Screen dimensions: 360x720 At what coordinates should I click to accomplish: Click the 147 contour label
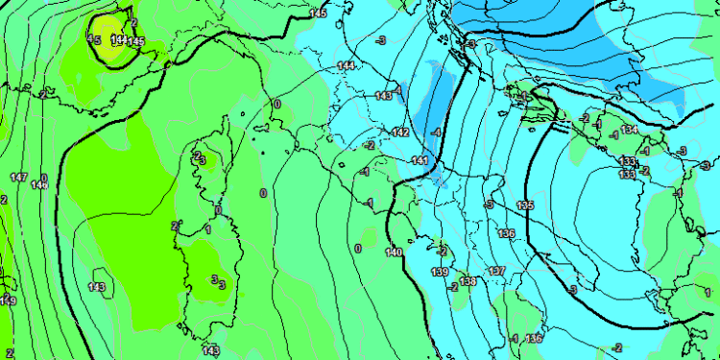pyautogui.click(x=18, y=178)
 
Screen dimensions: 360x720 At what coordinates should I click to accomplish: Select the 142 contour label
pyautogui.click(x=401, y=132)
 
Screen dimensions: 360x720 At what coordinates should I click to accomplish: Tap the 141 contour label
pyautogui.click(x=419, y=160)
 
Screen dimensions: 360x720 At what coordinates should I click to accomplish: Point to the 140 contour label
pyautogui.click(x=393, y=252)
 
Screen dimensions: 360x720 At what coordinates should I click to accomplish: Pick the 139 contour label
pyautogui.click(x=440, y=273)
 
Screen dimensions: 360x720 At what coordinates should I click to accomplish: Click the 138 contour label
pyautogui.click(x=468, y=281)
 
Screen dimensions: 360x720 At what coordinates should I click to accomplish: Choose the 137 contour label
pyautogui.click(x=496, y=272)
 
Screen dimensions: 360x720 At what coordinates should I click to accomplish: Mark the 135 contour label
pyautogui.click(x=525, y=205)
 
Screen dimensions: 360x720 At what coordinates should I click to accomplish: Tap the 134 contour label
pyautogui.click(x=630, y=130)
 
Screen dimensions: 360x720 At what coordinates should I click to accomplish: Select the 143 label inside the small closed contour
pyautogui.click(x=97, y=287)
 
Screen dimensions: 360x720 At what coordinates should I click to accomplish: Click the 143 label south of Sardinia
pyautogui.click(x=211, y=349)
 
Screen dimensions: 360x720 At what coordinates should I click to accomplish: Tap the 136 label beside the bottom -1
pyautogui.click(x=534, y=338)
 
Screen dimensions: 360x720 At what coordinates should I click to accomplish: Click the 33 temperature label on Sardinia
pyautogui.click(x=219, y=281)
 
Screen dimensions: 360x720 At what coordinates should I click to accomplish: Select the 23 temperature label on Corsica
pyautogui.click(x=198, y=157)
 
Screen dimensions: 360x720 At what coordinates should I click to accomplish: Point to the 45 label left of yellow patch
pyautogui.click(x=94, y=39)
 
